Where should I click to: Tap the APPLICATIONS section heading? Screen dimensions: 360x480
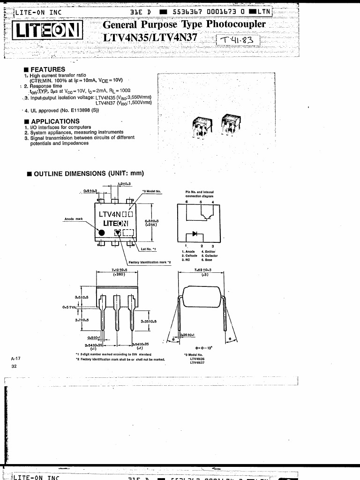click(55, 121)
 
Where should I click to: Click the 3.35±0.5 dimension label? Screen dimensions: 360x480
click(149, 322)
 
